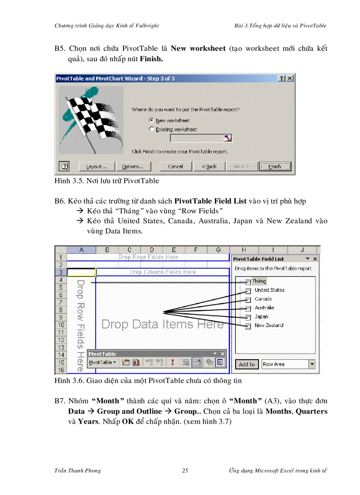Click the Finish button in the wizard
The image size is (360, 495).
[275, 167]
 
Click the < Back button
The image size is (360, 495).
[209, 167]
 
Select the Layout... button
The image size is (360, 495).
[97, 167]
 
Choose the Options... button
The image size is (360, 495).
[133, 167]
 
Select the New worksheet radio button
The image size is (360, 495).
[152, 120]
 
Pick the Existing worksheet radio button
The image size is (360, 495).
[152, 129]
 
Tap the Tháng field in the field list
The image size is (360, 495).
[259, 281]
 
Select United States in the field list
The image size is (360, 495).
[269, 290]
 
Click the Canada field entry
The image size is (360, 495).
[263, 299]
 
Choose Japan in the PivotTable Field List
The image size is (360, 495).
[261, 316]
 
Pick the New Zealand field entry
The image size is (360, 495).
[269, 325]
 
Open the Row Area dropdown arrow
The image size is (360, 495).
[312, 364]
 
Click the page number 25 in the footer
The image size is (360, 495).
[185, 470]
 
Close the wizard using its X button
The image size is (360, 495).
[289, 78]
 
